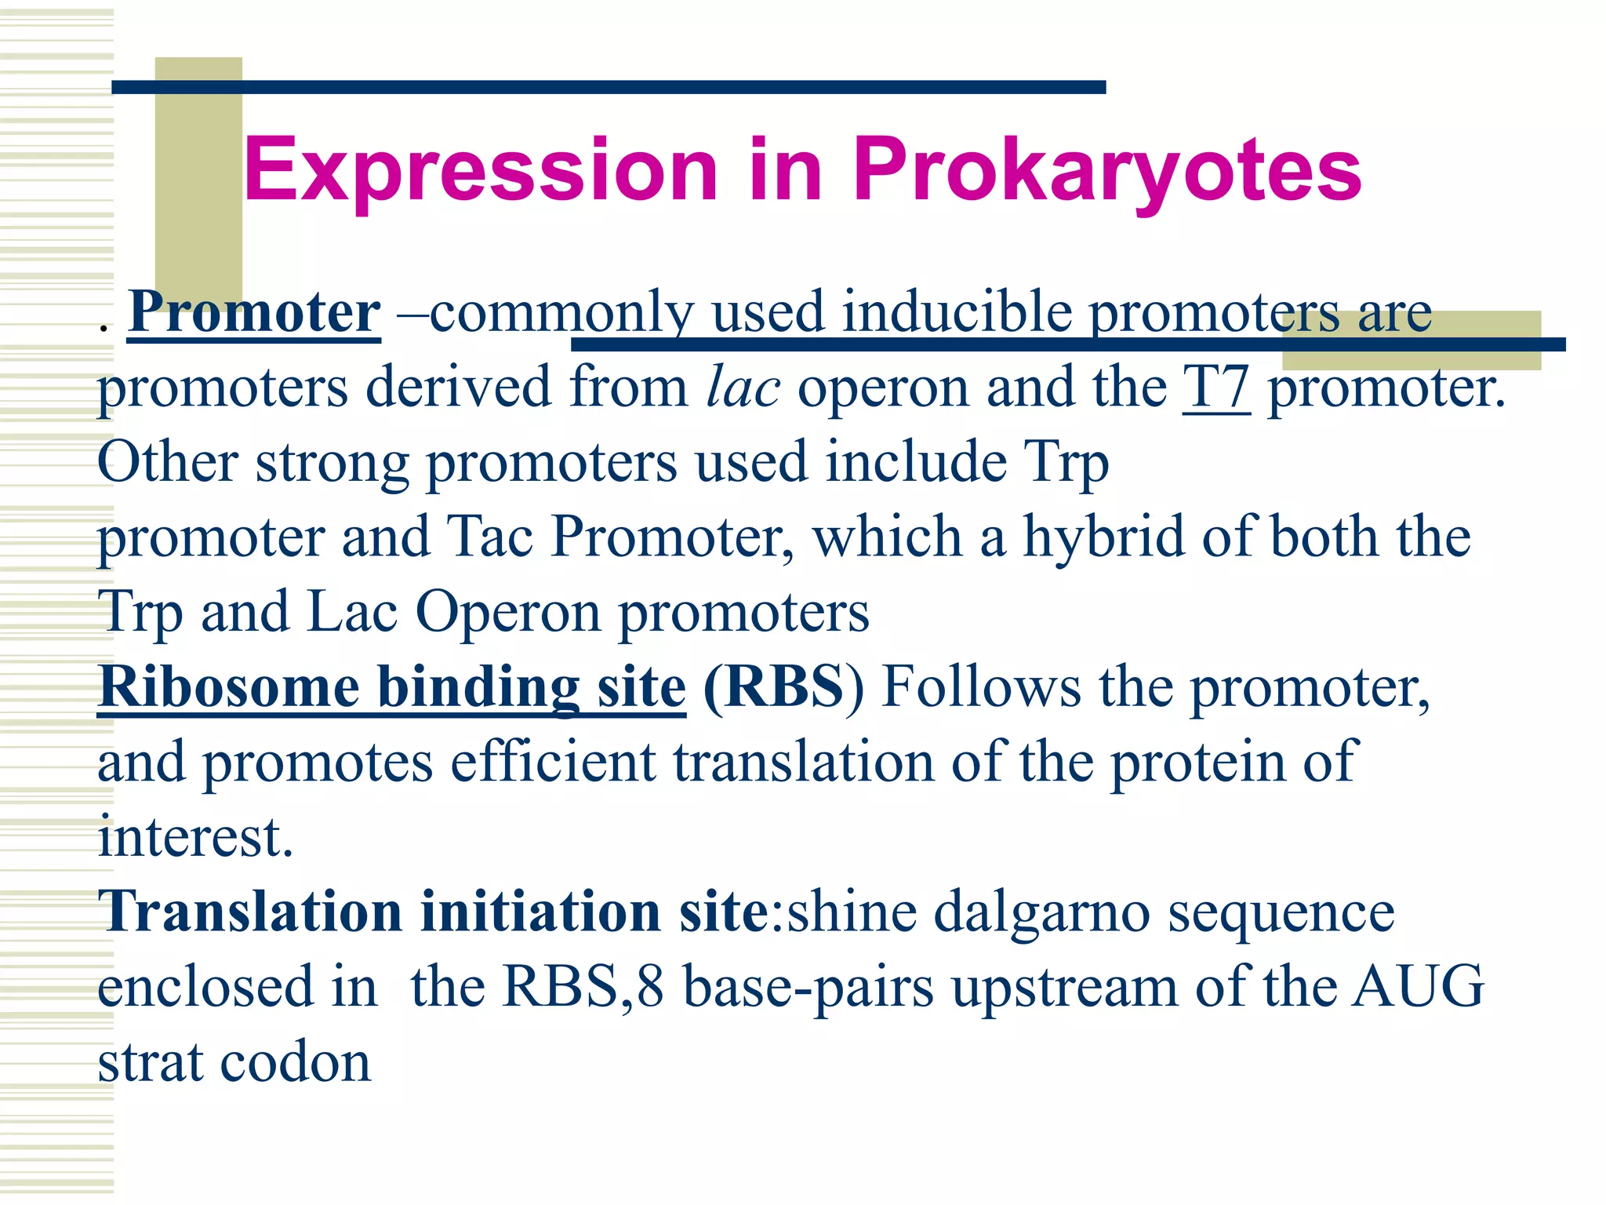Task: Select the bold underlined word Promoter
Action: [254, 312]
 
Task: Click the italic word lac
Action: [743, 387]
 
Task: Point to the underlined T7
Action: [1216, 387]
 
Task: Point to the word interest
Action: [194, 836]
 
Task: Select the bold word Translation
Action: [249, 912]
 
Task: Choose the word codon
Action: [295, 1062]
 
